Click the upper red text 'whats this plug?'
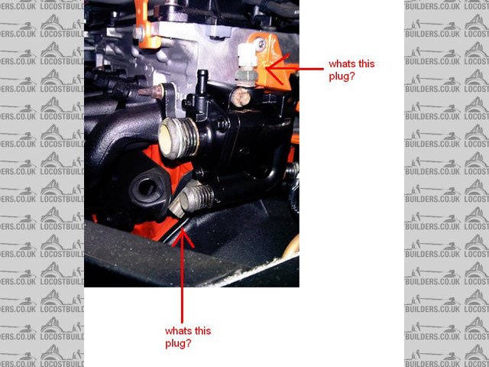[352, 70]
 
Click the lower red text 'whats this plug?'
[188, 337]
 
